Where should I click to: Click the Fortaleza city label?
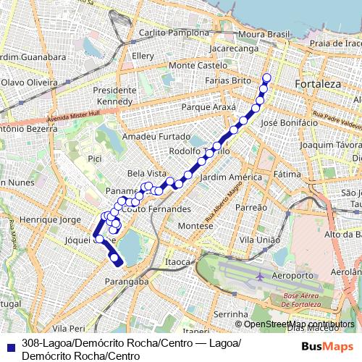tap(318, 85)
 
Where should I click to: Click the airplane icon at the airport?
tap(261, 277)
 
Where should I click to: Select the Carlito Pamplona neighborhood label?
tap(168, 33)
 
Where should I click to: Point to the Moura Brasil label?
tap(264, 34)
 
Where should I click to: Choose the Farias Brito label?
tap(228, 81)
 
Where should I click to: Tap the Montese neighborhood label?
tap(195, 226)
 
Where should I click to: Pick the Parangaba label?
tap(127, 281)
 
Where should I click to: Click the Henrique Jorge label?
tap(51, 219)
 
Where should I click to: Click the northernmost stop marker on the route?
tap(266, 77)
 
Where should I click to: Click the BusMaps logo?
tap(327, 345)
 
